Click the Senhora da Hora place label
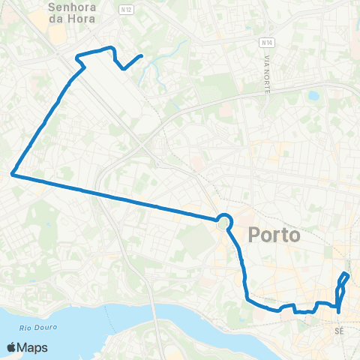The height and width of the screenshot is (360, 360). (x=72, y=13)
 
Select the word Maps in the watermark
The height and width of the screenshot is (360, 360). (x=33, y=347)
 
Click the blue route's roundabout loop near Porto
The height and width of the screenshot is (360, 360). (x=223, y=220)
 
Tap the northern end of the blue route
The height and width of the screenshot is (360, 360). (x=142, y=55)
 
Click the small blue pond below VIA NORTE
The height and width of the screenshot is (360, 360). (x=313, y=96)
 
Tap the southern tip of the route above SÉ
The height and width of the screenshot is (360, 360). (x=339, y=311)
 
